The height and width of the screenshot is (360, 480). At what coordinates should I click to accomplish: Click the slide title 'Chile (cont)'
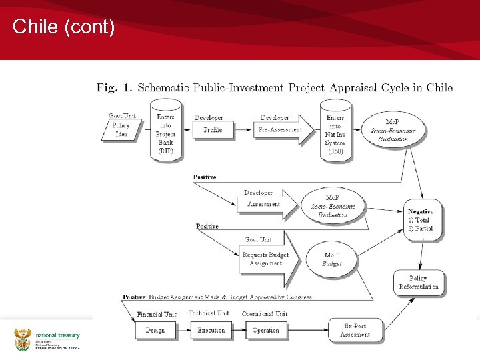[64, 27]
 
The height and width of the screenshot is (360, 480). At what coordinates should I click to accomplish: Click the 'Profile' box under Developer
[213, 129]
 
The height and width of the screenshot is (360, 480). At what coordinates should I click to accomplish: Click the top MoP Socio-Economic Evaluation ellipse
[393, 130]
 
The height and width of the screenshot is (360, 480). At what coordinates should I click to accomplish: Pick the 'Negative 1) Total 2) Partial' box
[421, 219]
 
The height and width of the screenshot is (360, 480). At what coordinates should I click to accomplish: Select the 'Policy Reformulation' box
[419, 282]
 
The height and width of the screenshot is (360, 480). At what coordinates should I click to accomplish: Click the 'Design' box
[155, 330]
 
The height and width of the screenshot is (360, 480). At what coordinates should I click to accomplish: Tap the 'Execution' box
[211, 330]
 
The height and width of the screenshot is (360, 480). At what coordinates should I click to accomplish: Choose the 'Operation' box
[265, 330]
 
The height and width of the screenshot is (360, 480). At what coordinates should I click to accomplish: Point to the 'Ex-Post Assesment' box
[355, 330]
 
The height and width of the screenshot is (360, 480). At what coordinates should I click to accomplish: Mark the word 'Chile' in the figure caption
[439, 87]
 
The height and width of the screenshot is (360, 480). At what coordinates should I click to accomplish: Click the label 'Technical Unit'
[209, 313]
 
